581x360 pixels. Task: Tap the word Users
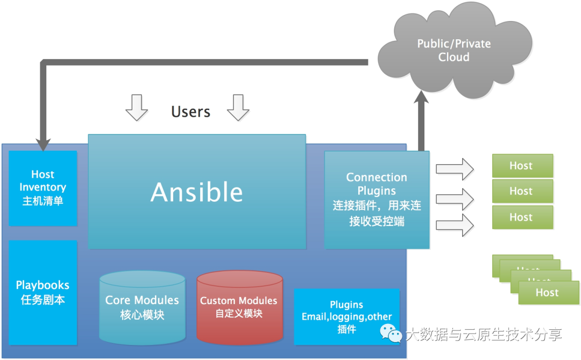tap(190, 111)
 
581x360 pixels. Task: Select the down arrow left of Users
tap(137, 107)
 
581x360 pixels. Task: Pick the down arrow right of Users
tap(238, 107)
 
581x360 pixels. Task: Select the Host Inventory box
tap(43, 188)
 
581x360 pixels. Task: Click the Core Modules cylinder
tap(142, 307)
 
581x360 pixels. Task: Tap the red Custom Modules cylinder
tap(239, 307)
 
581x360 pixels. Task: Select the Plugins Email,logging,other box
tap(346, 316)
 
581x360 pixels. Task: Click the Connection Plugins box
tap(377, 199)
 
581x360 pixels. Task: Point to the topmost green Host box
tap(522, 166)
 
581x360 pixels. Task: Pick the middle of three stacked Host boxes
tap(522, 191)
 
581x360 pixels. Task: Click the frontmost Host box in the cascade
tap(548, 293)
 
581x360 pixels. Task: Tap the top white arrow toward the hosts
tap(455, 169)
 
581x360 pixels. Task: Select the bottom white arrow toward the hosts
tap(455, 225)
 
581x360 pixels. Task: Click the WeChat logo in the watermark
tap(392, 333)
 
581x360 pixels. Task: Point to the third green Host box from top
tap(522, 217)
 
